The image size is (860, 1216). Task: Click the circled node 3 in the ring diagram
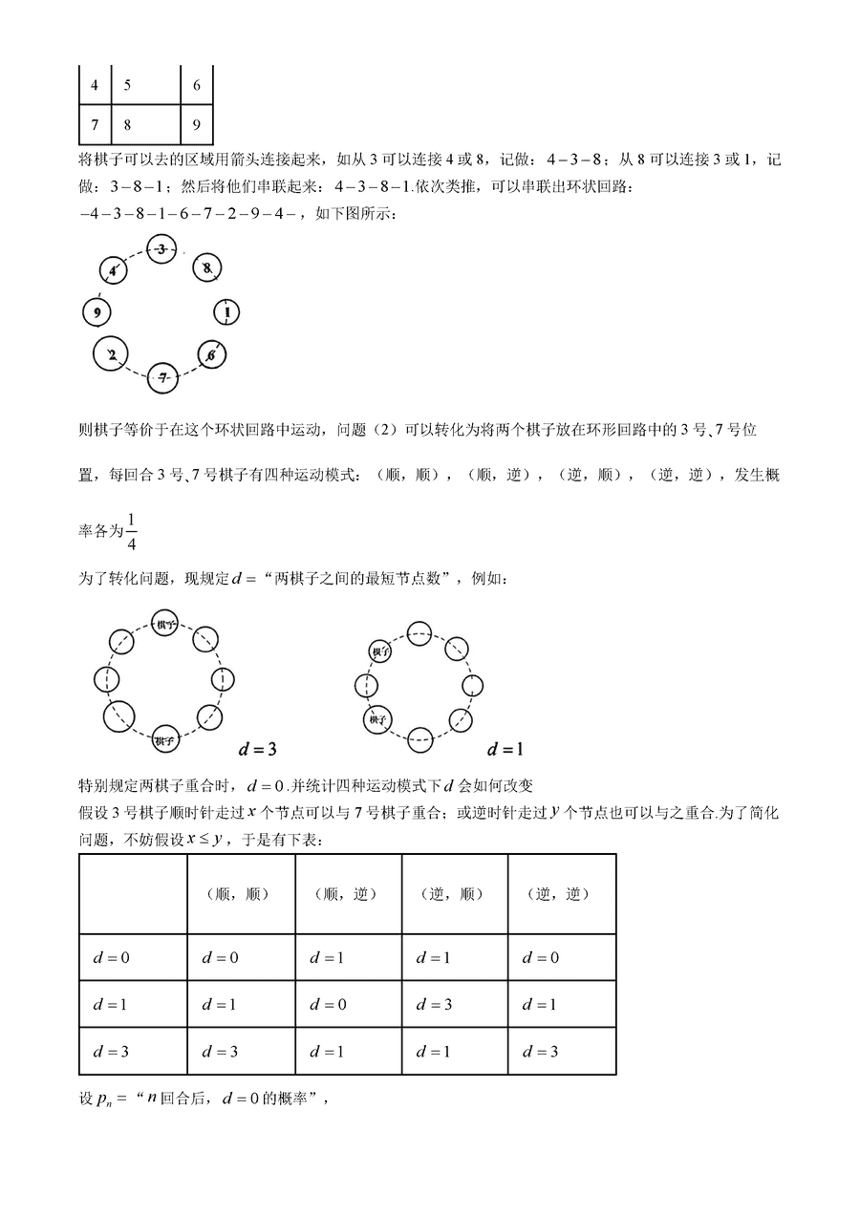pyautogui.click(x=162, y=250)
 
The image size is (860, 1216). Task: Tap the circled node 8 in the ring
pyautogui.click(x=206, y=268)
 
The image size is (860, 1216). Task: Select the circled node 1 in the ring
pyautogui.click(x=226, y=311)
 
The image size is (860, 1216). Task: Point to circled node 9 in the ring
pyautogui.click(x=97, y=311)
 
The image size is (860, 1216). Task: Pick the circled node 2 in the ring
pyautogui.click(x=112, y=355)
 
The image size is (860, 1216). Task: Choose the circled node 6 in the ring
pyautogui.click(x=211, y=355)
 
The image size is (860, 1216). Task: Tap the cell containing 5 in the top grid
pyautogui.click(x=146, y=86)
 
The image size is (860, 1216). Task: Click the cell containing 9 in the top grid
pyautogui.click(x=197, y=124)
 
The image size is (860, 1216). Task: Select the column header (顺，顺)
pyautogui.click(x=241, y=894)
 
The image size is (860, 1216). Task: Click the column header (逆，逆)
pyautogui.click(x=561, y=894)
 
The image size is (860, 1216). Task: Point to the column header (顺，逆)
pyautogui.click(x=348, y=894)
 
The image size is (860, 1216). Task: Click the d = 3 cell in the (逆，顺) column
pyautogui.click(x=433, y=1005)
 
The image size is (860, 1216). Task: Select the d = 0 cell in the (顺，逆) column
pyautogui.click(x=326, y=1005)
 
